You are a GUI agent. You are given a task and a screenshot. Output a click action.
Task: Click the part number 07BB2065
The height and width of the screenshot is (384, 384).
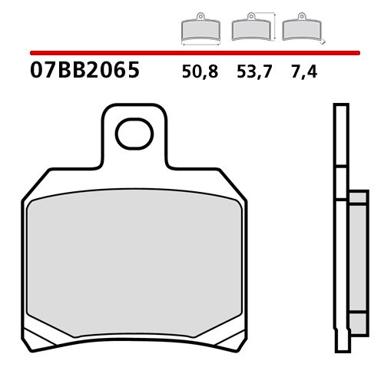[x=84, y=71]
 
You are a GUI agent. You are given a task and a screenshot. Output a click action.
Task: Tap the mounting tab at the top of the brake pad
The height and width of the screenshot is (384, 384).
[x=134, y=146]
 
